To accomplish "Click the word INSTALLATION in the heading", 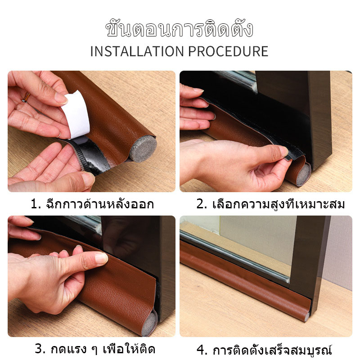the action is tap(137, 51).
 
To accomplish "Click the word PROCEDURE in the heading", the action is tap(228, 51).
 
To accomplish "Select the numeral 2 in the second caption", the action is tap(200, 204).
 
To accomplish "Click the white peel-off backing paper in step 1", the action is tap(76, 115).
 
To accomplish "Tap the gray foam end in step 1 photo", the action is tap(143, 148).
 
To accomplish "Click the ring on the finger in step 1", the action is tap(26, 97).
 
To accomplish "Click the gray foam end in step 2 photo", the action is tap(303, 175).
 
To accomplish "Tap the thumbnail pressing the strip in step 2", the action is tap(284, 151).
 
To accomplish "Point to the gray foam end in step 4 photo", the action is tap(307, 317).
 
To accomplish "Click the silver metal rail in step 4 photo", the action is tap(234, 256).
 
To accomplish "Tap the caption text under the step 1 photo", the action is tap(92, 204).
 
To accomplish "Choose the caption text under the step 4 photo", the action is tap(264, 350).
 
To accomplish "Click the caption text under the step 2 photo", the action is tap(271, 204).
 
